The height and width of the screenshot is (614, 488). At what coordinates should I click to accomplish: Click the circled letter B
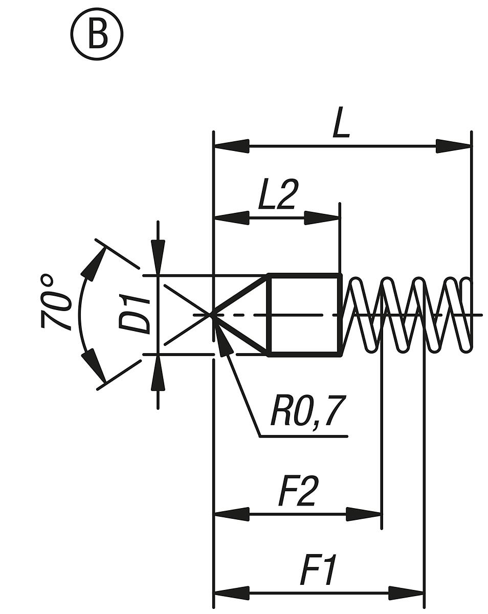96,35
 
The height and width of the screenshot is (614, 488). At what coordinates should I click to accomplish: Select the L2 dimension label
276,195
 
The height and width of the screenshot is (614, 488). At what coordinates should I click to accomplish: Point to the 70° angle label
55,302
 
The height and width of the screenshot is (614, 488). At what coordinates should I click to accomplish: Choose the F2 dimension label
299,491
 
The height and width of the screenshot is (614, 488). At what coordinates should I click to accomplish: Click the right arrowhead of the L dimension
453,146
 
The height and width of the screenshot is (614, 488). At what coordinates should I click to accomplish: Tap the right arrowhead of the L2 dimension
322,218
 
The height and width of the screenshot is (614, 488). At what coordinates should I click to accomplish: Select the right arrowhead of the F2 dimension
364,514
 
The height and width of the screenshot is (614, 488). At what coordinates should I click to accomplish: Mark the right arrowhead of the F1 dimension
406,593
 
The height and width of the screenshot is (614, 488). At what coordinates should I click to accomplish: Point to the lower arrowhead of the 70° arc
94,365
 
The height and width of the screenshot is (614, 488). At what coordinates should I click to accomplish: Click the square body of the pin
304,314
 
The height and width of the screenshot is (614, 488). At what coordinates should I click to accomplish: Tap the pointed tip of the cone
212,314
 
